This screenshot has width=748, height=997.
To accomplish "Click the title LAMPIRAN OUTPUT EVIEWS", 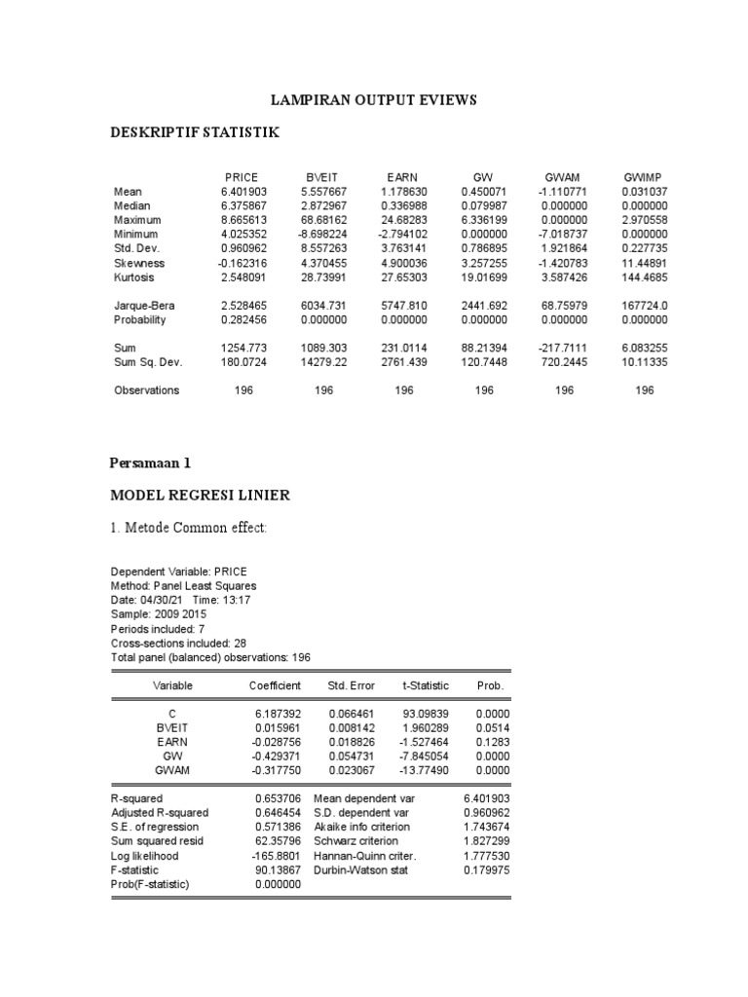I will pyautogui.click(x=373, y=101).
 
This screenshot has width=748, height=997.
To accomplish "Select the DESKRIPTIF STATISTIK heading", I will pyautogui.click(x=196, y=132).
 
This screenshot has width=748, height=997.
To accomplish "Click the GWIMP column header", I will pyautogui.click(x=642, y=177).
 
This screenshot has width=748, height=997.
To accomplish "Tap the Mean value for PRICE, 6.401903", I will pyautogui.click(x=243, y=193).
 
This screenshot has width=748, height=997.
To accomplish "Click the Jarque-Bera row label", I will pyautogui.click(x=144, y=306).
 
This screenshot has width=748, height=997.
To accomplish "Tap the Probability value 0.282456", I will pyautogui.click(x=243, y=319).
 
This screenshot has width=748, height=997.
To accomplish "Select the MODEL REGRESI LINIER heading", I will pyautogui.click(x=200, y=496).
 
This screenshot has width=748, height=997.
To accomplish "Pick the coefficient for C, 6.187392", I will pyautogui.click(x=274, y=714).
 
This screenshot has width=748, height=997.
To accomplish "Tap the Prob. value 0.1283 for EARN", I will pyautogui.click(x=490, y=741).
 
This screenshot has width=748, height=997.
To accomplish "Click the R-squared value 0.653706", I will pyautogui.click(x=275, y=798).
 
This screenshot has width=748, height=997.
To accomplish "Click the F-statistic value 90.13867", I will pyautogui.click(x=275, y=868).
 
